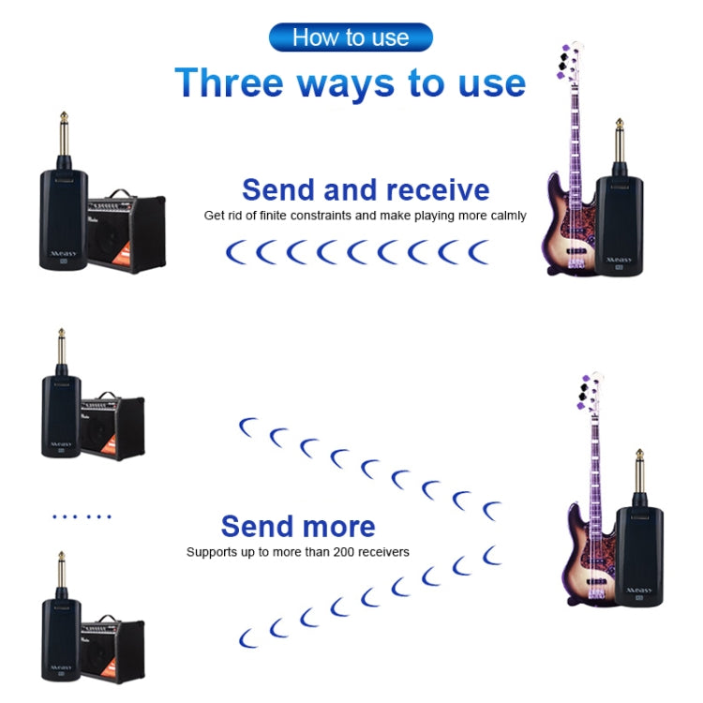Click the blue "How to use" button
(x=351, y=37)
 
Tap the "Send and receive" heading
(x=366, y=189)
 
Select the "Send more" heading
(x=298, y=526)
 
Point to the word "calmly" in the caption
(x=506, y=216)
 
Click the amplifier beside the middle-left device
(x=112, y=426)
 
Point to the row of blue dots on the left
(x=82, y=516)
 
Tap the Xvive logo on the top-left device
(x=58, y=254)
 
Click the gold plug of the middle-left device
(x=62, y=351)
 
